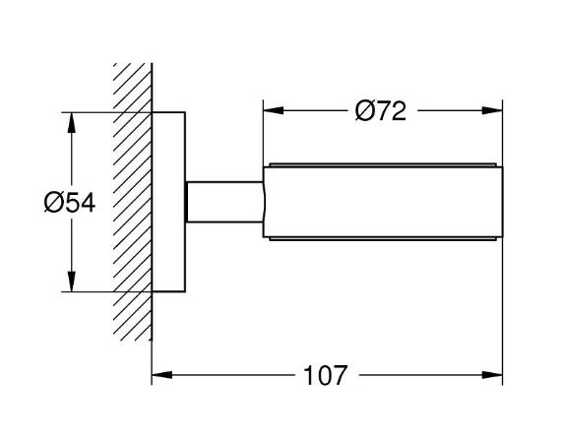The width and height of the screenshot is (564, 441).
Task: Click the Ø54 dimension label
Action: [70, 202]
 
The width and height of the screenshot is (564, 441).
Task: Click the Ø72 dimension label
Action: [381, 110]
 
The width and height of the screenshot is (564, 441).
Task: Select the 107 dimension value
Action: [326, 375]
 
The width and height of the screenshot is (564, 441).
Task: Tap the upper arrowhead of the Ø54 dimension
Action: [72, 123]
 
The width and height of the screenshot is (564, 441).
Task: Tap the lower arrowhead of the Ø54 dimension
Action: [72, 281]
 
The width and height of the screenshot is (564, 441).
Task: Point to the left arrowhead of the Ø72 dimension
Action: [274, 110]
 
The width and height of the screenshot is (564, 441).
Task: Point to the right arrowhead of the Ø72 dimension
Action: [492, 110]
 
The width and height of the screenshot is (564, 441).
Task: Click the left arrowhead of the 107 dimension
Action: [161, 375]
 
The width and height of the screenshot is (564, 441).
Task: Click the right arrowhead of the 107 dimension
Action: [492, 375]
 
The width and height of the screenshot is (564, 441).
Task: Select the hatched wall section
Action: [132, 202]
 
